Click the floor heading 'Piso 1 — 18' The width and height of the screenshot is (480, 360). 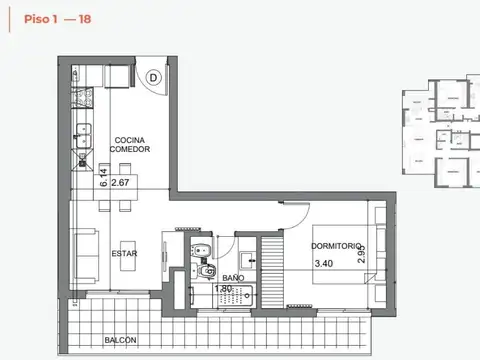pos(45,18)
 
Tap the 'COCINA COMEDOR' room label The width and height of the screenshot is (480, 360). pos(131,144)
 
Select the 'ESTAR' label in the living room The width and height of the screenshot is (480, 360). pos(124,253)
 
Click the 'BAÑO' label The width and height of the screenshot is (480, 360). pos(233,278)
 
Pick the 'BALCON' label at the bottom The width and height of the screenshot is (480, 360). pos(120,340)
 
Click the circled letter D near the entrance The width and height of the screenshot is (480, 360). pos(154,75)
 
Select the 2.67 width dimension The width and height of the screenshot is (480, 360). pos(121,183)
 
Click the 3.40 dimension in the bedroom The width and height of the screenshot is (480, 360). pos(324,264)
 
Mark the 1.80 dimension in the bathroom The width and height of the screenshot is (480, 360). pos(223,290)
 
